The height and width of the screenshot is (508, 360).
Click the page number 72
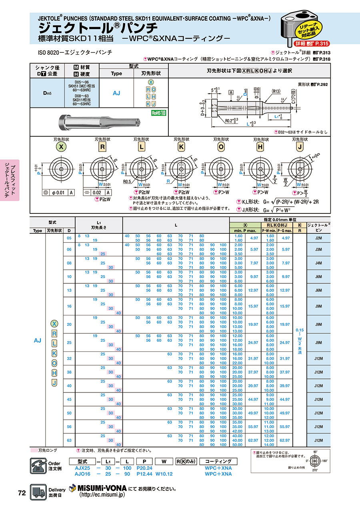tap(22, 493)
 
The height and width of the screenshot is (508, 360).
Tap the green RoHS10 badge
tap(158, 113)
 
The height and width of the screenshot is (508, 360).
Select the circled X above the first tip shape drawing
tap(61, 147)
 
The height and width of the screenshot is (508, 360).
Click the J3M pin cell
tap(319, 249)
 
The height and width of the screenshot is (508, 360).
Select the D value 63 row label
tap(69, 440)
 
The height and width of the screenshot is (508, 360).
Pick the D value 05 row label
tap(69, 238)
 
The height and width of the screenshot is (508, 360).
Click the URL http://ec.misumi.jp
tap(102, 494)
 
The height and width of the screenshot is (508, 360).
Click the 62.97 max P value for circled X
tap(254, 440)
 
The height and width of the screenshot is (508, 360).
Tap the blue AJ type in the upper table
tap(116, 93)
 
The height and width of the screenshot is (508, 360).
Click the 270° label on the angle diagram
tap(315, 471)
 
